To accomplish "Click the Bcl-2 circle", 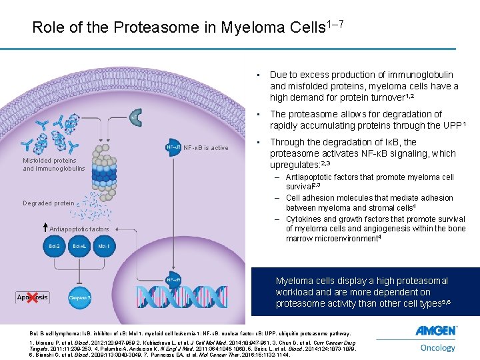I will (55, 247).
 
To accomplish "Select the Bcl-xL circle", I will (79, 247).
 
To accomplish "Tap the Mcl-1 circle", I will (104, 247).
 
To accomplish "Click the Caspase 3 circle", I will (79, 297).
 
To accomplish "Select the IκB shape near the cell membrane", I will (134, 119).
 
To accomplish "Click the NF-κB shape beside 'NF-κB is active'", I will (173, 147).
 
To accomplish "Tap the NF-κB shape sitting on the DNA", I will (173, 280).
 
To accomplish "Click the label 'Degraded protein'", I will (48, 203).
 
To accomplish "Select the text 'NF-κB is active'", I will (205, 148).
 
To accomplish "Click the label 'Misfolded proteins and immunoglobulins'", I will (53, 164).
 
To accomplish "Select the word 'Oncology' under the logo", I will (437, 347).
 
